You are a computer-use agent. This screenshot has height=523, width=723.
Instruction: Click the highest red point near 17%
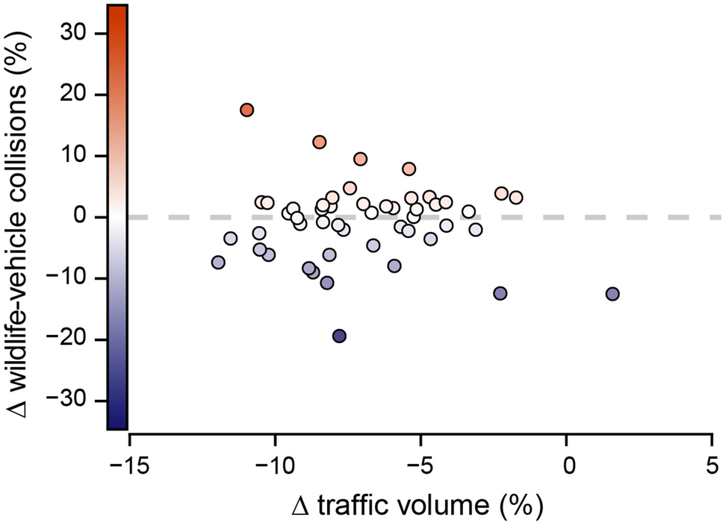[247, 110]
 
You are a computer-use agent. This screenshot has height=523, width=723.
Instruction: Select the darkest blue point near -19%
[339, 336]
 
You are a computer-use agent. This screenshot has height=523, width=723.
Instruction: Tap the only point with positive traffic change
[612, 294]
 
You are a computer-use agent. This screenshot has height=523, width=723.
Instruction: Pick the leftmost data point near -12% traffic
[218, 263]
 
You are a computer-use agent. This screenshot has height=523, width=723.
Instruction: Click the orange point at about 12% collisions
[320, 142]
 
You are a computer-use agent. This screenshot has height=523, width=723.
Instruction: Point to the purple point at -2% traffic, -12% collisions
[500, 293]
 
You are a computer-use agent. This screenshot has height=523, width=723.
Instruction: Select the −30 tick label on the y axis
[85, 401]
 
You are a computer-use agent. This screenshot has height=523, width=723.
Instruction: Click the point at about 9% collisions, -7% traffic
[361, 159]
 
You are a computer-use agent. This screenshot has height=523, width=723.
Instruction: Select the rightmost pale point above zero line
[515, 198]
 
